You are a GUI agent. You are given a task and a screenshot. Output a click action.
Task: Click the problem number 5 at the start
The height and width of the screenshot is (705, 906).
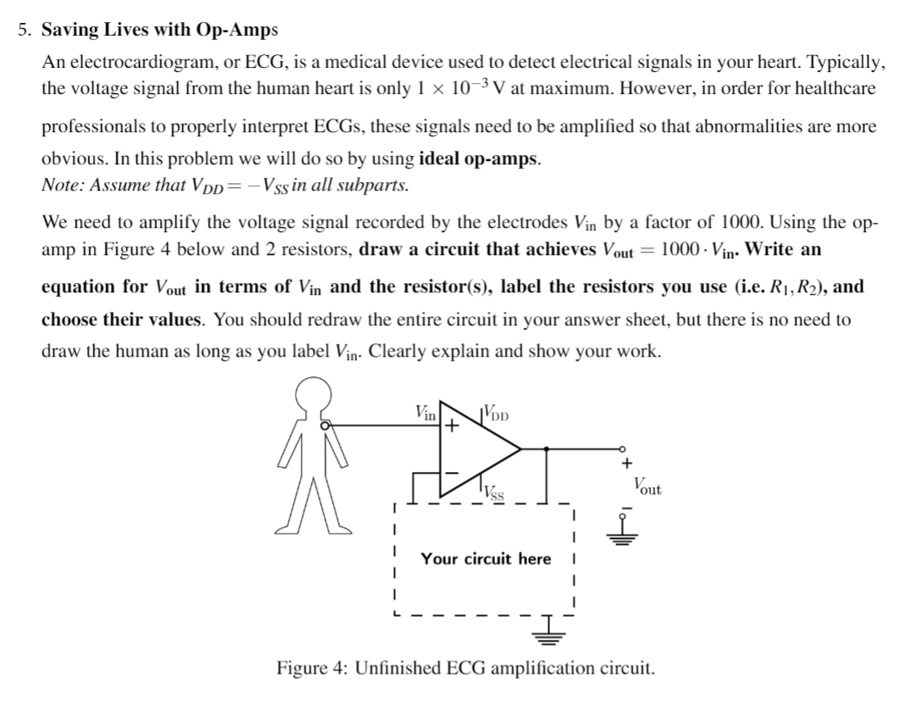click(x=25, y=30)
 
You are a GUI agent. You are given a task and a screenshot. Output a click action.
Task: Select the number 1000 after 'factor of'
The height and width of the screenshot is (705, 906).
click(x=742, y=223)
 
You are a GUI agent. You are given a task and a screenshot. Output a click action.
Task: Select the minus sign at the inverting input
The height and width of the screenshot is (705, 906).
click(x=453, y=470)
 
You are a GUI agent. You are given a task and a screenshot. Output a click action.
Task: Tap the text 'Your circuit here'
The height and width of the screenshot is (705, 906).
click(x=486, y=558)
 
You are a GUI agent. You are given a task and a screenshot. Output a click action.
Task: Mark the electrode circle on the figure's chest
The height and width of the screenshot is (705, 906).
click(x=325, y=427)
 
